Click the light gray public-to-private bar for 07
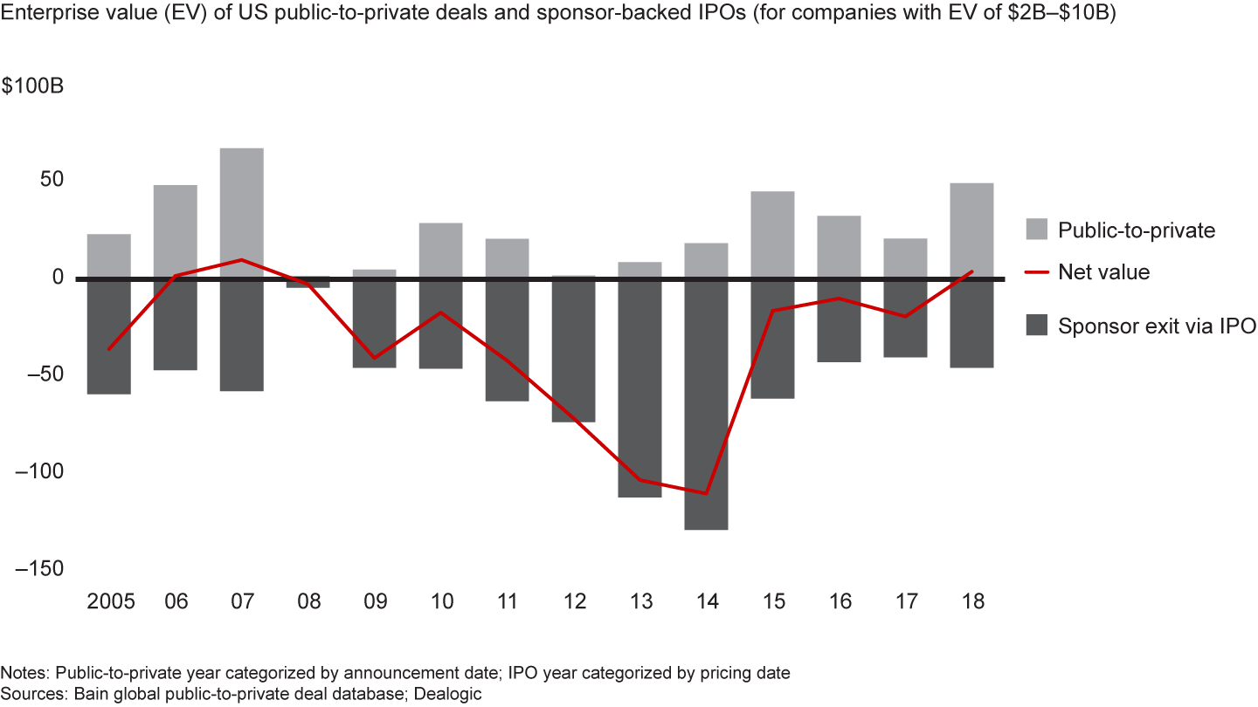coord(241,213)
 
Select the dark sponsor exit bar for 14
coord(706,404)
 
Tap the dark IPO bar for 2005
coord(108,337)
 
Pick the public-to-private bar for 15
coord(772,235)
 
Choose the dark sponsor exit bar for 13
coord(639,388)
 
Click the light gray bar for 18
coord(971,230)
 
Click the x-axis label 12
coord(574,602)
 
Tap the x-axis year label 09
coord(375,602)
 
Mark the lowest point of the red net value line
coord(706,493)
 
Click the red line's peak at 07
coord(241,260)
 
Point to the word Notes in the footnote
coord(22,673)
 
